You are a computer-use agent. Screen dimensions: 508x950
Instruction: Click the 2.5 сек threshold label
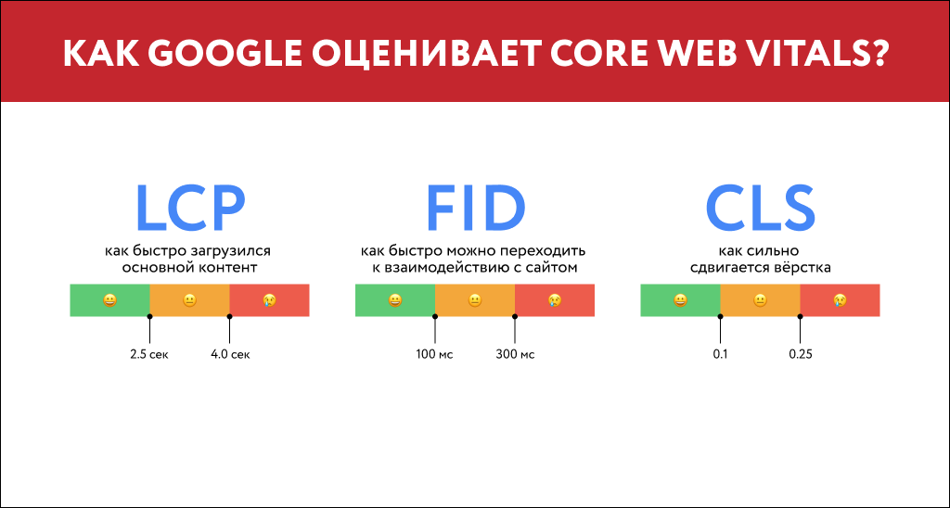click(x=149, y=354)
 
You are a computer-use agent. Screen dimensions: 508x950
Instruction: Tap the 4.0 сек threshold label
click(x=230, y=354)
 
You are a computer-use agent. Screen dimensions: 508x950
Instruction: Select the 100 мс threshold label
click(x=434, y=354)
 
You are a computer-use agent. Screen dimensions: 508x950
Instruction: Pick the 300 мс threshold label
click(x=515, y=354)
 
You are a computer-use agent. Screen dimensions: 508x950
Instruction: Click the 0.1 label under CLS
click(x=720, y=354)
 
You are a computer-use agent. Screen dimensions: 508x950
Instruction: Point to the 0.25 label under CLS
click(x=801, y=354)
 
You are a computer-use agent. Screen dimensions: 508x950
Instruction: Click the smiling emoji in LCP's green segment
click(x=109, y=300)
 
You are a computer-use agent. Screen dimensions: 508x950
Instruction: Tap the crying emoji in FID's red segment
click(x=555, y=300)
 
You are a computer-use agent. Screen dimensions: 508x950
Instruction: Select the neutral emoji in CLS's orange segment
click(x=760, y=300)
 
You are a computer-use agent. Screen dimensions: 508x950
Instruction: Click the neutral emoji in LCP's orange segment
click(x=189, y=300)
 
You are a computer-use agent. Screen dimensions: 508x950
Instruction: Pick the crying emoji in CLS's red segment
click(x=840, y=300)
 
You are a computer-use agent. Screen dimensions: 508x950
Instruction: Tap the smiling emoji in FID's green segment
click(x=395, y=300)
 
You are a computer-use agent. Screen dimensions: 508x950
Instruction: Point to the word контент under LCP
click(x=225, y=268)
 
